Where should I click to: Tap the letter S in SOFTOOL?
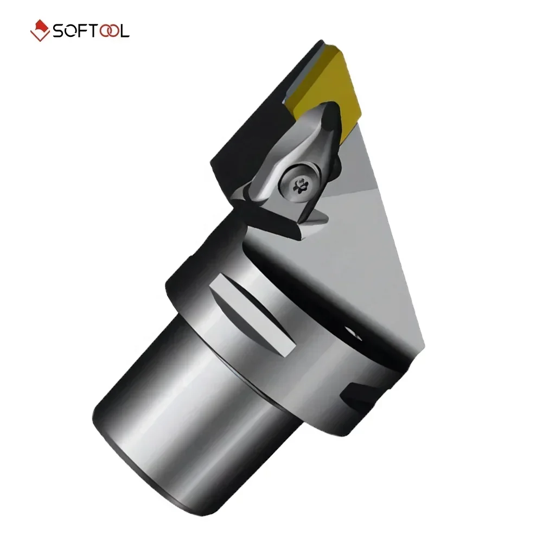59,31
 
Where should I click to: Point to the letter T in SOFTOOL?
93,31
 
